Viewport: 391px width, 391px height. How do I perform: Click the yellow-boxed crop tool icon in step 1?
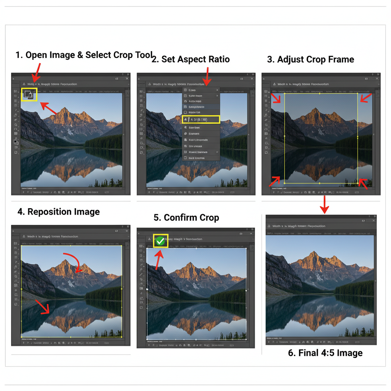click(29, 94)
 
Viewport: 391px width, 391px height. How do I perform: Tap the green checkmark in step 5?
click(160, 241)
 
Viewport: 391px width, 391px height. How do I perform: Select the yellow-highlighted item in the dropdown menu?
click(201, 120)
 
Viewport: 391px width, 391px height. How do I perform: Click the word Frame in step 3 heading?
click(340, 60)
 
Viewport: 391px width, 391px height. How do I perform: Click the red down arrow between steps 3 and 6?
click(324, 205)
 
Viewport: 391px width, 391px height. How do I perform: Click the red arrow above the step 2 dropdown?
click(207, 76)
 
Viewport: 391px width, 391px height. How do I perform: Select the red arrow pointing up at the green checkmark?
click(159, 260)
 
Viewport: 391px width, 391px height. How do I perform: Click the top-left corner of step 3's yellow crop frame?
click(284, 93)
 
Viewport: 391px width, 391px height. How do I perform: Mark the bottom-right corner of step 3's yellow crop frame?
click(358, 183)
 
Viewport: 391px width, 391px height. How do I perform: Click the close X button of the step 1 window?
click(127, 78)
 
